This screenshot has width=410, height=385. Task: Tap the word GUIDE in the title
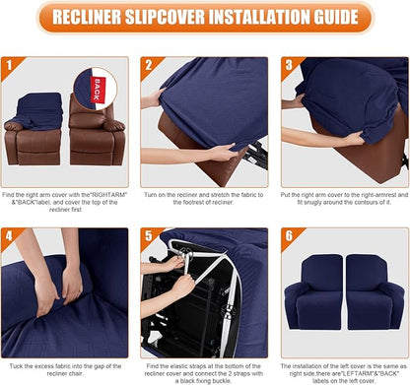coord(324,19)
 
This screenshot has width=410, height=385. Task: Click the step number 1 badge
coord(11,68)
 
